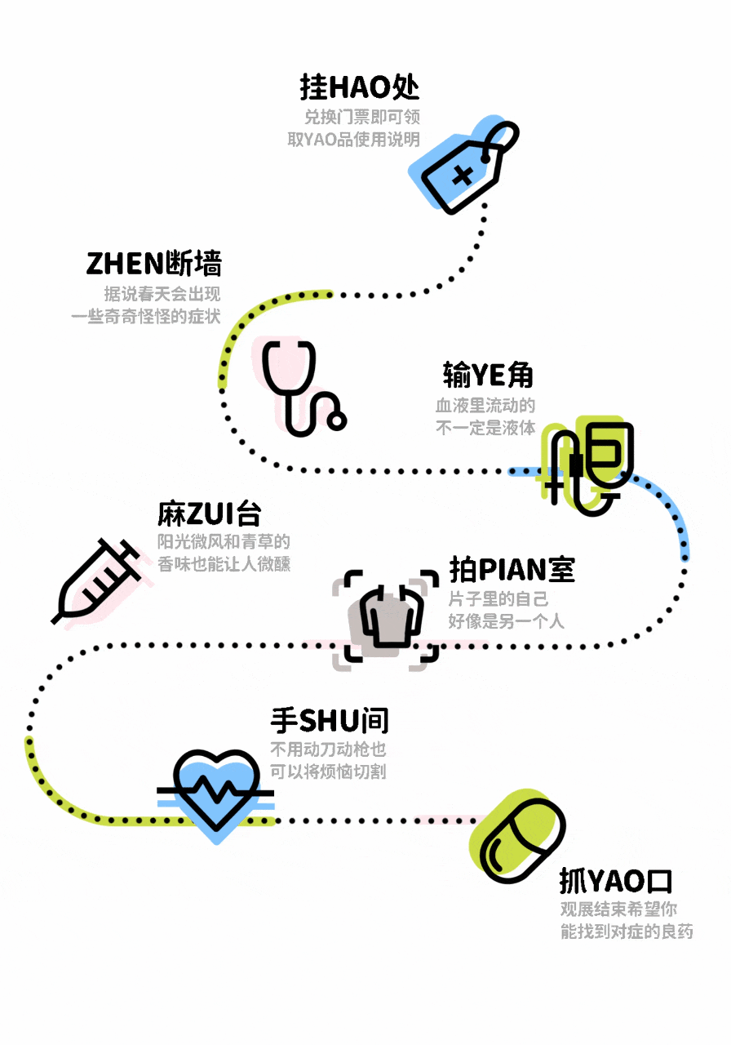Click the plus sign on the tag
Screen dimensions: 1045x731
(463, 175)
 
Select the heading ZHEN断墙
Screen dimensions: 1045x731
(153, 264)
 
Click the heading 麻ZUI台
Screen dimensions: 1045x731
(210, 514)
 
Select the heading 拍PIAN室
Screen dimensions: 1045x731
(512, 570)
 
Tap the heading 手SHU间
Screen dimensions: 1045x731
(330, 721)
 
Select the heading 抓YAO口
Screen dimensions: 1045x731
(615, 882)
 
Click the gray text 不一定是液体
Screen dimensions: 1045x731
(485, 427)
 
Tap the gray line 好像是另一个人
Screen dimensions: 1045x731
(506, 621)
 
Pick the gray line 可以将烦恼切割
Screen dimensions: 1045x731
(328, 772)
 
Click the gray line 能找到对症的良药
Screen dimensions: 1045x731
(627, 932)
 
